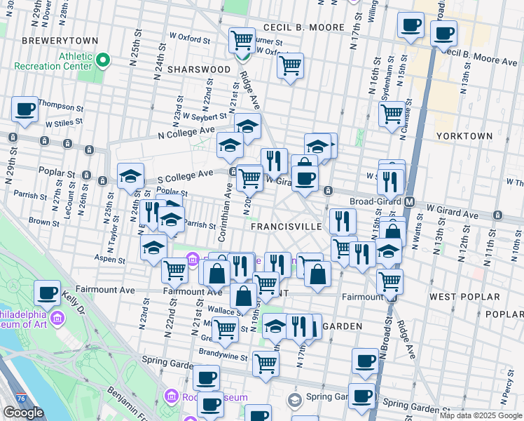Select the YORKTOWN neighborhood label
click(x=460, y=135)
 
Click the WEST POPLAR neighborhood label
click(x=457, y=297)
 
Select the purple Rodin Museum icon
click(x=168, y=397)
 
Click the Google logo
click(x=23, y=413)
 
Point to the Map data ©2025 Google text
click(x=480, y=415)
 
